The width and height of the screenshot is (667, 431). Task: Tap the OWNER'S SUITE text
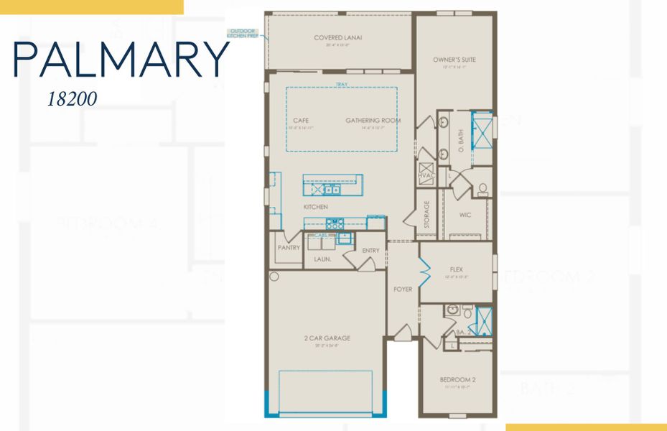point(454,60)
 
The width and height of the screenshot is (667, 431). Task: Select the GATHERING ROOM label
point(373,121)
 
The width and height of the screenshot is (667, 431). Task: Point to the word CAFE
point(300,121)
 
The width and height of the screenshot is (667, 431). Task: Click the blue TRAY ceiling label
point(341,85)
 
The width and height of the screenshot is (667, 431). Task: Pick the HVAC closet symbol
point(426,171)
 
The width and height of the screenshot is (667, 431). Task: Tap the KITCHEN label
point(315,207)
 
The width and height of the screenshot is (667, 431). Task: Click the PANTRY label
point(288,248)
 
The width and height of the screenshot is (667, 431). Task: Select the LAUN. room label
point(322,259)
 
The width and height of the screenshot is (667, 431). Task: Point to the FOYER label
point(403,289)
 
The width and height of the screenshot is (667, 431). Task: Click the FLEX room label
point(457,269)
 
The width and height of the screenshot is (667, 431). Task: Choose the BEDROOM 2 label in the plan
point(458,379)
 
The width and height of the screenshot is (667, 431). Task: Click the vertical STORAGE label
point(427,214)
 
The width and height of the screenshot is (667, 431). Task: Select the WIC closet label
point(465,214)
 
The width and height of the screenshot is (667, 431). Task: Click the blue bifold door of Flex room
point(425,273)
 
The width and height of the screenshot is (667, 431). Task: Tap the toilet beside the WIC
point(482,190)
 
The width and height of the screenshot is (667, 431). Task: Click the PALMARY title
point(121,60)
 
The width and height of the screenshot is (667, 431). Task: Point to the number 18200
point(72,99)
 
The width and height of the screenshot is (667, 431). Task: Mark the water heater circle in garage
point(274,277)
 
